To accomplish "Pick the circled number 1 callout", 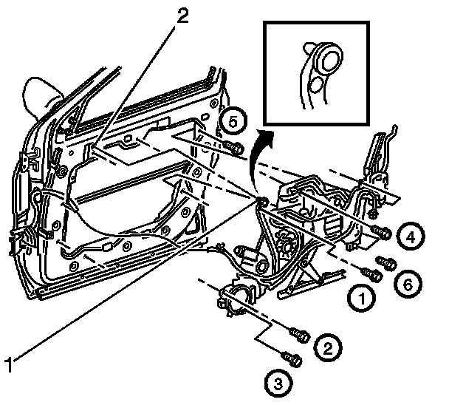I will [361, 299].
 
